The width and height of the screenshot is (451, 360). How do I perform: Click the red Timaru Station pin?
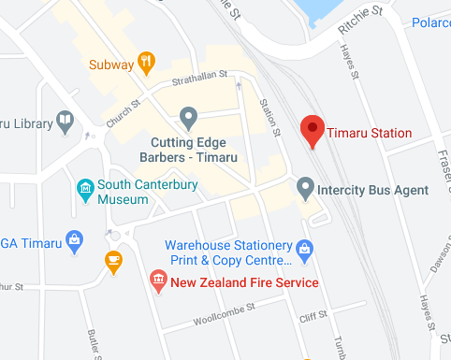[x=312, y=131]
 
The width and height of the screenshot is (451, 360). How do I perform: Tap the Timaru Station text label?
[x=369, y=134]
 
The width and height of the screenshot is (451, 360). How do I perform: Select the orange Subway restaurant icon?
[x=146, y=64]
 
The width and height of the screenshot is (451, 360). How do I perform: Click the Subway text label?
[x=112, y=65]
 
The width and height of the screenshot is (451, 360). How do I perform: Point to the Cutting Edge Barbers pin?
[x=189, y=118]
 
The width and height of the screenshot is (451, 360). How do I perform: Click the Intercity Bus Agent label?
[x=373, y=190]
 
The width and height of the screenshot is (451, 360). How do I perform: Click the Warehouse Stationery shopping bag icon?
[x=303, y=249]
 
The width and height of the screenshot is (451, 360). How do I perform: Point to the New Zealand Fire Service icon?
[x=158, y=281]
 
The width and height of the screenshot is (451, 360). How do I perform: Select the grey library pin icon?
[x=65, y=120]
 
